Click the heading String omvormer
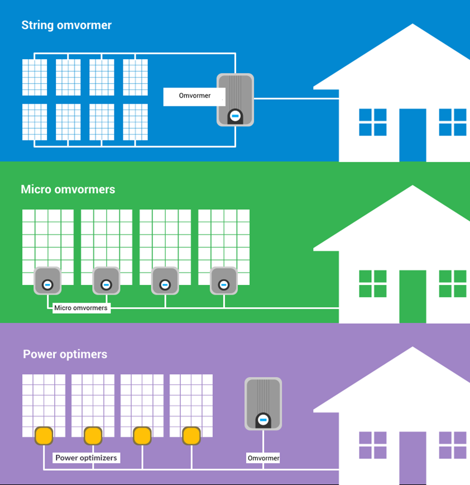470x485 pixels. tap(66, 25)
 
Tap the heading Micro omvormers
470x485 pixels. tap(68, 190)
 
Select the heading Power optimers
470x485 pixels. tap(65, 355)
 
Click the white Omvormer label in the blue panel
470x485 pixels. tap(194, 96)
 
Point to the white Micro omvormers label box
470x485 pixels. tap(81, 308)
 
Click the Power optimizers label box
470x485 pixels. tap(86, 458)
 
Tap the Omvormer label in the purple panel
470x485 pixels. tap(263, 458)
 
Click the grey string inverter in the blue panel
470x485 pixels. tap(235, 99)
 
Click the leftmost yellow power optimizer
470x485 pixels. tap(44, 435)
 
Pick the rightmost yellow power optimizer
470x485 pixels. tap(191, 435)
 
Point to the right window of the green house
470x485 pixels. tap(453, 284)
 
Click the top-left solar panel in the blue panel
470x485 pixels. tap(35, 77)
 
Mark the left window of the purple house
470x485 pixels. tap(372, 445)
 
